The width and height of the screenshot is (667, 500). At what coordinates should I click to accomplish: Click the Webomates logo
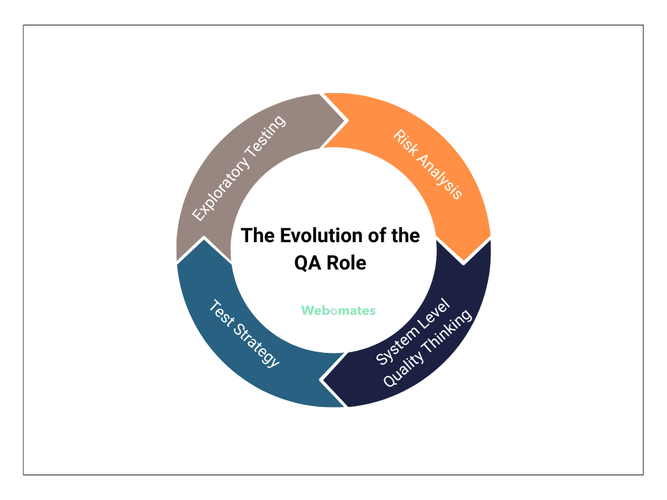click(x=338, y=311)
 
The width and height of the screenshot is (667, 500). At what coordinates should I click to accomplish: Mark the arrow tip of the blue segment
click(x=203, y=240)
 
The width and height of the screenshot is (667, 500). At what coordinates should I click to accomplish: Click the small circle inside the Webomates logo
click(x=334, y=311)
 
